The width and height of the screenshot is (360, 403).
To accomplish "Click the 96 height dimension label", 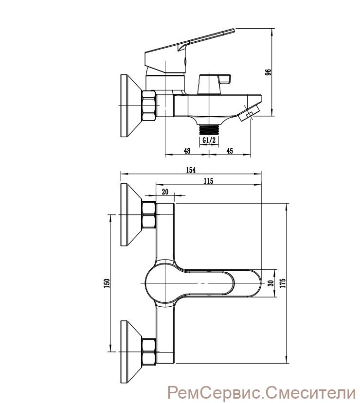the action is click(x=268, y=72).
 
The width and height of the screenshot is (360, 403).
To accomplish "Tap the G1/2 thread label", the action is click(x=209, y=140).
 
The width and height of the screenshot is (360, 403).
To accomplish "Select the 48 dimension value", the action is click(x=187, y=151).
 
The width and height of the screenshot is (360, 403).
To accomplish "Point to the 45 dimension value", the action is click(x=230, y=151).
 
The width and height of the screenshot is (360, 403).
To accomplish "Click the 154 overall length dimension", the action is click(x=191, y=170).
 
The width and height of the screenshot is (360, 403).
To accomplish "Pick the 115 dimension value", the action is click(x=208, y=181).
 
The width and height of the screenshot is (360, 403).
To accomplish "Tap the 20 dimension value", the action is click(x=165, y=192).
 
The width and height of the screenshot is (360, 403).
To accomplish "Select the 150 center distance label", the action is click(x=107, y=283).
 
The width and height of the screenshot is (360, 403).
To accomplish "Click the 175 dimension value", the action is click(x=283, y=283).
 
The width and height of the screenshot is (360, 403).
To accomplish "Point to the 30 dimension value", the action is click(x=271, y=283).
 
